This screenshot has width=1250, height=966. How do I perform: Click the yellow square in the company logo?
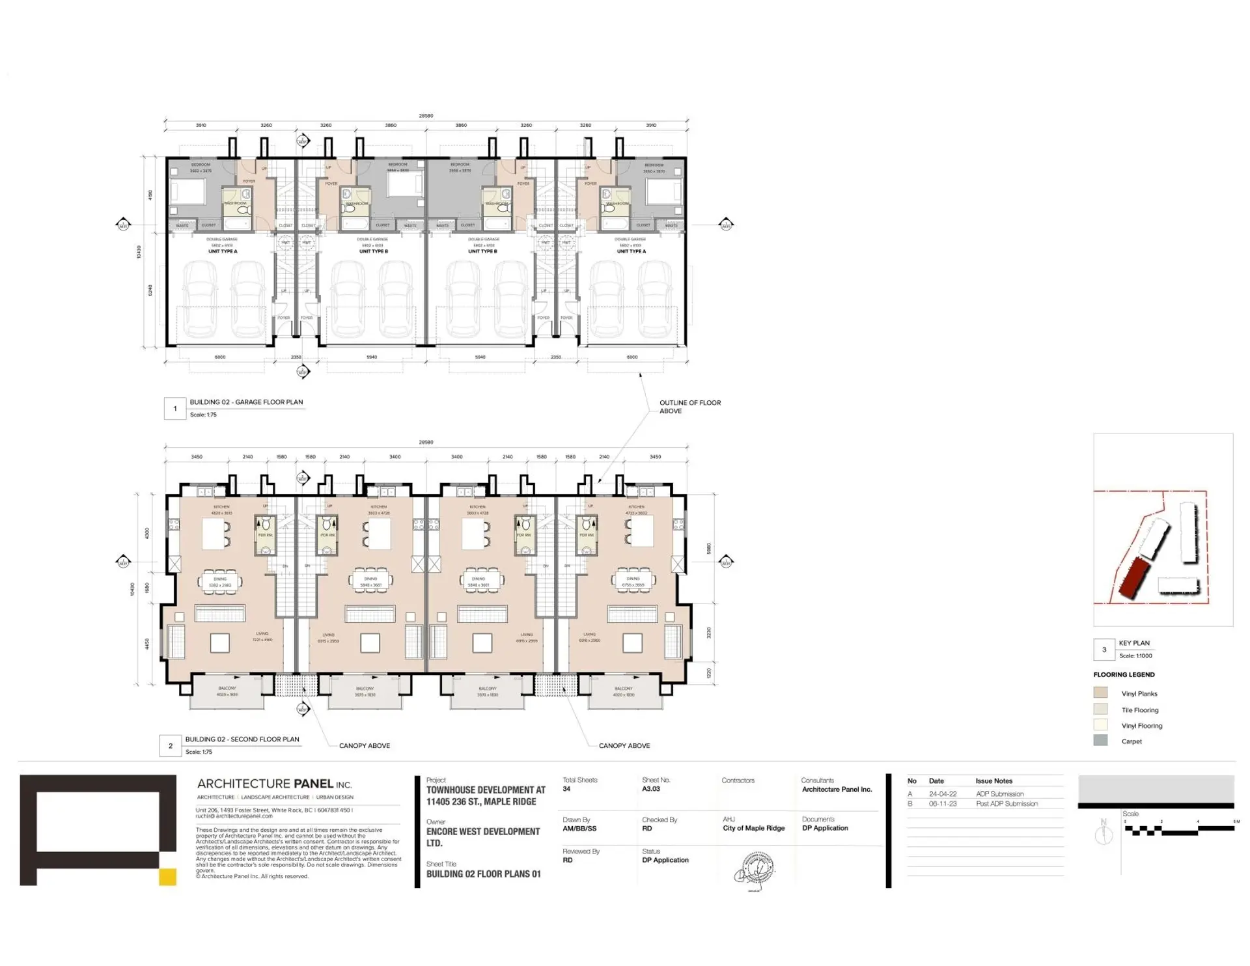pos(167,877)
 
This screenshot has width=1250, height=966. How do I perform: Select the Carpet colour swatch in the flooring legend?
pos(1100,741)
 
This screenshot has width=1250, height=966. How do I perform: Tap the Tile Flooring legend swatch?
pos(1100,710)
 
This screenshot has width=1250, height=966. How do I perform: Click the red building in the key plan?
pos(1134,578)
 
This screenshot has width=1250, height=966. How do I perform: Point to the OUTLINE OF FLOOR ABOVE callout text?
pos(689,407)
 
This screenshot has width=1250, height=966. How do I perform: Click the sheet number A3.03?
pos(650,789)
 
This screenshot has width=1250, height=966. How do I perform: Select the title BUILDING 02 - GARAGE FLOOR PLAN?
pos(246,402)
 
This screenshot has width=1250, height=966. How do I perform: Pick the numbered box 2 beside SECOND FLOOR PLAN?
pos(171,746)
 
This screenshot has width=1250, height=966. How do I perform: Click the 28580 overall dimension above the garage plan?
pos(426,116)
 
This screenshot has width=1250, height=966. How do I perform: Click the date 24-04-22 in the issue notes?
pos(942,794)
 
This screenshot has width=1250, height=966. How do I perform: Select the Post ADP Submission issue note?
pos(1007,804)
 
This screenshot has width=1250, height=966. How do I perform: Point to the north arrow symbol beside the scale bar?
pos(1104,833)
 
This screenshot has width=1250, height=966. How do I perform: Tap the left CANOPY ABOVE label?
pos(364,746)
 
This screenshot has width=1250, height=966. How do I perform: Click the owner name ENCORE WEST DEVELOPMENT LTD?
pos(482,837)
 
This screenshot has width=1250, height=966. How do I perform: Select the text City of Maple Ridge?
pos(753,829)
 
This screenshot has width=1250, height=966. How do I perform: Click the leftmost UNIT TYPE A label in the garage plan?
pos(223,251)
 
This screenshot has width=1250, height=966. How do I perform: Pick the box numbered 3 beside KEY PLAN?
pos(1104,650)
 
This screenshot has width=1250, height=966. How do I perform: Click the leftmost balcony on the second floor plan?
pos(227,693)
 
